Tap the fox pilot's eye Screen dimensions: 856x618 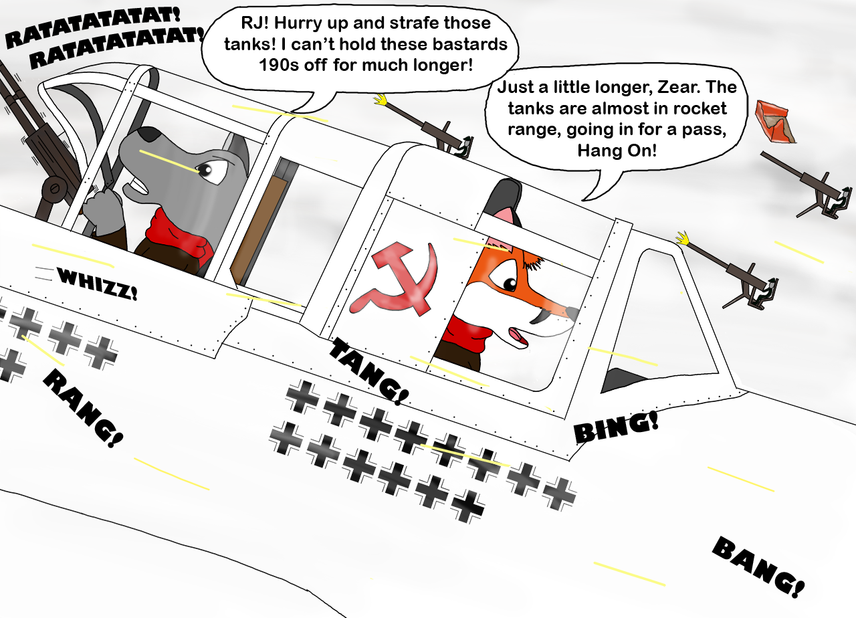click(510, 284)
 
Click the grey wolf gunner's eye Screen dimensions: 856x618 click(205, 170)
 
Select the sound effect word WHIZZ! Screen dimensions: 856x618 click(97, 283)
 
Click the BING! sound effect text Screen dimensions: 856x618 click(616, 427)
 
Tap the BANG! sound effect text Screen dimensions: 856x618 click(758, 566)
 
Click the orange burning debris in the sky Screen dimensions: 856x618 click(775, 122)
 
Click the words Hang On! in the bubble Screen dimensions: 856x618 click(617, 150)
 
